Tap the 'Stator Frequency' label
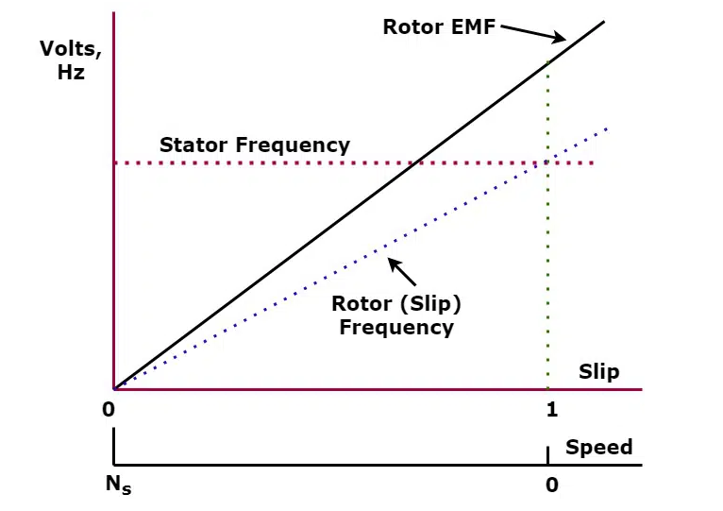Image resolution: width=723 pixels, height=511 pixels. point(254,145)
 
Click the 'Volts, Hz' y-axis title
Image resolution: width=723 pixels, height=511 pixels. point(70,60)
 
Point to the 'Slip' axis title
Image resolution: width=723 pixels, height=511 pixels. point(598,371)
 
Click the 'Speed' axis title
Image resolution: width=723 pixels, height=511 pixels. point(598,447)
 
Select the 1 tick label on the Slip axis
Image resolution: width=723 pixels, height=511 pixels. point(552,410)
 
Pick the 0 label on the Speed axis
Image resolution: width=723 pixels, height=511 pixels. point(552,485)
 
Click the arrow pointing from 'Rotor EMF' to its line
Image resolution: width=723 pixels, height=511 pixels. point(532,35)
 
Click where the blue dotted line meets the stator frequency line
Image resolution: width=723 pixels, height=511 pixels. point(546,163)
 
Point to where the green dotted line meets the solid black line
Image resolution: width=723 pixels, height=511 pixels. point(547,60)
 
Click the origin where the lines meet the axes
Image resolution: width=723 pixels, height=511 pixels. point(114,388)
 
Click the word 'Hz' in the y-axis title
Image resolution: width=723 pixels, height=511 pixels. point(70,73)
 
